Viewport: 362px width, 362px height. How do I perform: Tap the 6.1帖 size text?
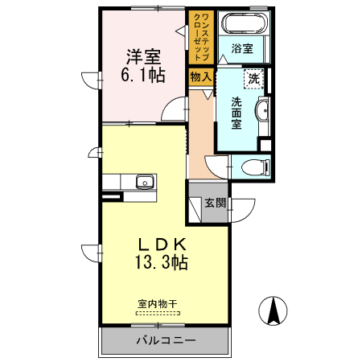coord(144,76)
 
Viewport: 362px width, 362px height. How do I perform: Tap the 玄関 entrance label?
coord(215,203)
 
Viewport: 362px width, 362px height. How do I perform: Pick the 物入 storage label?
coord(200,77)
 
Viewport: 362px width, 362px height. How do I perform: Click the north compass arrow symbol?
coord(274,311)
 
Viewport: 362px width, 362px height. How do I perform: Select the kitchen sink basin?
coord(145,180)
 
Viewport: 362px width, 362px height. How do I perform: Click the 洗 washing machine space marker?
coord(255,79)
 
